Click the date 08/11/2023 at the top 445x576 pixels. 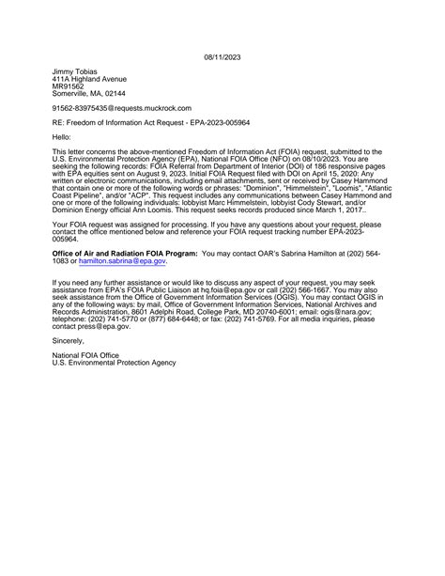click(x=222, y=57)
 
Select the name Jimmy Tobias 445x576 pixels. click(x=75, y=71)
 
